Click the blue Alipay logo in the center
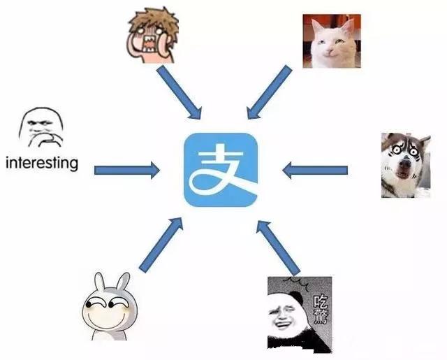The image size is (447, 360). pyautogui.click(x=221, y=170)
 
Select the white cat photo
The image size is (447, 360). pyautogui.click(x=331, y=41)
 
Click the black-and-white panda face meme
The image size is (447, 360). pyautogui.click(x=299, y=312)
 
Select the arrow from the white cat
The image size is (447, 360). pyautogui.click(x=269, y=91)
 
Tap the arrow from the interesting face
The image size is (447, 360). pyautogui.click(x=126, y=168)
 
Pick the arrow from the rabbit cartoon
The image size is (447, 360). pyautogui.click(x=161, y=244)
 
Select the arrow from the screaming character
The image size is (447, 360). pyautogui.click(x=180, y=91)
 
